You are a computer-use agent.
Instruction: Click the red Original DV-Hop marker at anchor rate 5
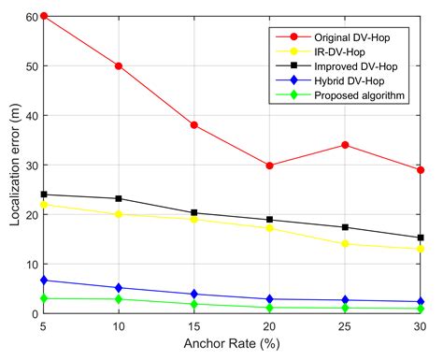pyautogui.click(x=43, y=17)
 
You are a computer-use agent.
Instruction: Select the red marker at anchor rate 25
pyautogui.click(x=345, y=145)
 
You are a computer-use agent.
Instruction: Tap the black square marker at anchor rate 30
pyautogui.click(x=421, y=238)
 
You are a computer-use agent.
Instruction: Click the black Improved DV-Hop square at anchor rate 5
pyautogui.click(x=43, y=194)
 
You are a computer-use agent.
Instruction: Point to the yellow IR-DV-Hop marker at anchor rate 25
pyautogui.click(x=345, y=244)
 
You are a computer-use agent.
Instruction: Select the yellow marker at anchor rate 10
pyautogui.click(x=119, y=214)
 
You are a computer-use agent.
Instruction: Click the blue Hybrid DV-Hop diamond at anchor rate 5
pyautogui.click(x=43, y=280)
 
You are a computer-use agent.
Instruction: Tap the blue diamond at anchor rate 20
pyautogui.click(x=270, y=299)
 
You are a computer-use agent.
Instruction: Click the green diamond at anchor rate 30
pyautogui.click(x=421, y=309)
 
